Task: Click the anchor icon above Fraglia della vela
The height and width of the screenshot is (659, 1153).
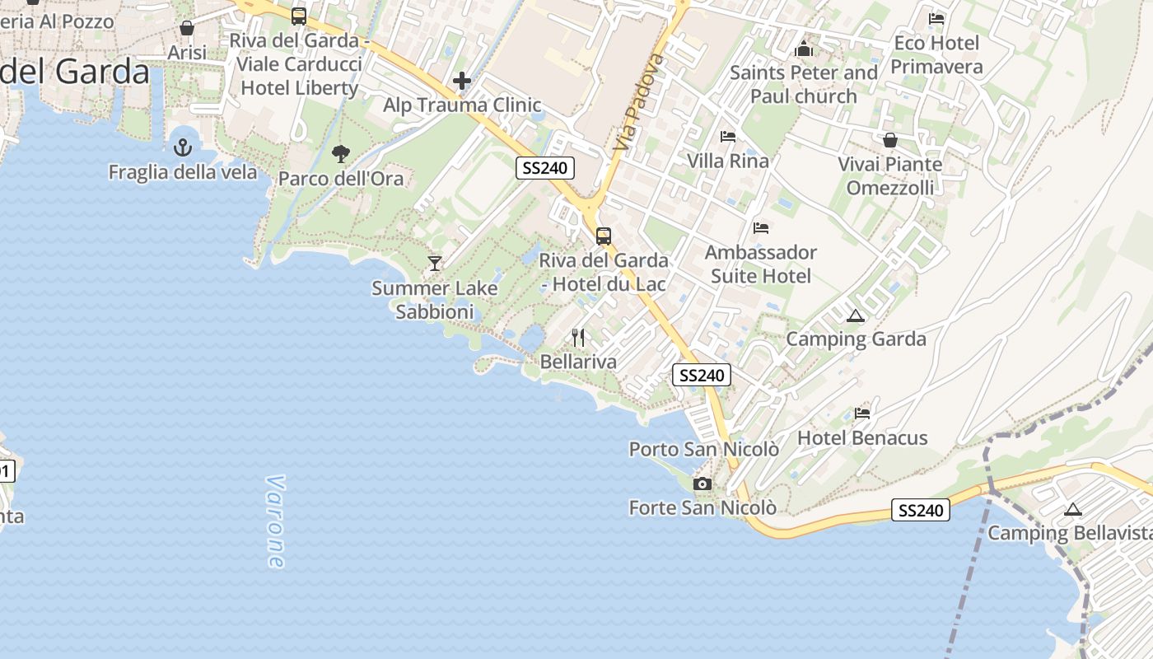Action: click(x=183, y=147)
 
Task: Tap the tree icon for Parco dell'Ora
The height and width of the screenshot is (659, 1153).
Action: click(x=340, y=153)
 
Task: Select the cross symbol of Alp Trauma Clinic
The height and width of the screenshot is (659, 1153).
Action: click(x=462, y=81)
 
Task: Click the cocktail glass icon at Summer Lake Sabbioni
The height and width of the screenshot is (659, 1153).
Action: click(x=435, y=263)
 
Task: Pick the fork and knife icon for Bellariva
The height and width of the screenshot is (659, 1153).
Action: click(x=578, y=337)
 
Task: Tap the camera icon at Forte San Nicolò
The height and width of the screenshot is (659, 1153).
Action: click(x=703, y=484)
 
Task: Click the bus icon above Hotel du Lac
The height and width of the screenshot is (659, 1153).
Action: click(x=604, y=236)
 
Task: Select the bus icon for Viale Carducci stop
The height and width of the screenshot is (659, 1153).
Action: click(x=299, y=16)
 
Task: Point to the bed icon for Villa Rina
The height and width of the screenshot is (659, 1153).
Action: click(x=728, y=136)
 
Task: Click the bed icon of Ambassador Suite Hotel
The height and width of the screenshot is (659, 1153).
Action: click(x=761, y=227)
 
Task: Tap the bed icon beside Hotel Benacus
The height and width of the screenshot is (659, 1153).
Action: click(x=862, y=413)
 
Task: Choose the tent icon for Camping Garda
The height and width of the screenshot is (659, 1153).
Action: click(x=856, y=315)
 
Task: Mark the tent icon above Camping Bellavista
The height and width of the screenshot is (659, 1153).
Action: click(x=1072, y=509)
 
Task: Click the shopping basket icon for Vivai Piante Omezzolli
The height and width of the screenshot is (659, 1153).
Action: click(x=890, y=140)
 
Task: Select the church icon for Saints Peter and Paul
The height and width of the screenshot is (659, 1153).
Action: click(x=804, y=49)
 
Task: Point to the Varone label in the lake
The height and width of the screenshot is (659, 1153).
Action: click(x=276, y=521)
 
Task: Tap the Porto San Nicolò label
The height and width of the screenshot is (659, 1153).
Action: click(x=704, y=449)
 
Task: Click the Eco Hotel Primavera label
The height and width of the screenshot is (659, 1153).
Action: click(x=937, y=54)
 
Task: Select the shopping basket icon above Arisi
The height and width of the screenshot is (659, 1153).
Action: click(x=187, y=28)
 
